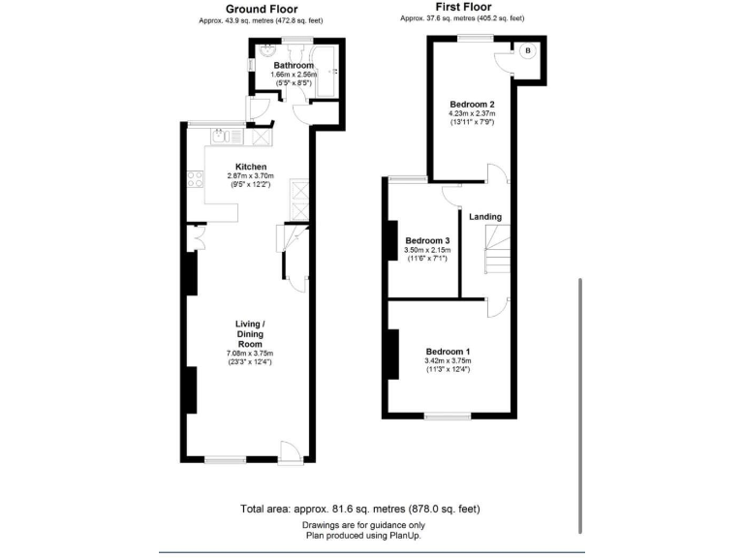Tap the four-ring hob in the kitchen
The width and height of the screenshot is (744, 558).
[x=194, y=179]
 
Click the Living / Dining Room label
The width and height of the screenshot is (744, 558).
[x=250, y=334]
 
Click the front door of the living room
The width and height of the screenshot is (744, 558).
[x=288, y=450]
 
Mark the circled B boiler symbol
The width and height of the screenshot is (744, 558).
[x=527, y=50]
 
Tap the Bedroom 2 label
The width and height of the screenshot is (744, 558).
[x=473, y=104]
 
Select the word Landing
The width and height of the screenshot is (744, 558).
[x=485, y=216]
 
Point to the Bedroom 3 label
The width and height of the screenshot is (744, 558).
[x=427, y=241]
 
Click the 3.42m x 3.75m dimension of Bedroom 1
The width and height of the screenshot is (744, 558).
[x=447, y=361]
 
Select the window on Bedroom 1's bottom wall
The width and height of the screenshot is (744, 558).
[x=449, y=417]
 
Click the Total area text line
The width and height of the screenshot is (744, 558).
[x=359, y=509]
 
